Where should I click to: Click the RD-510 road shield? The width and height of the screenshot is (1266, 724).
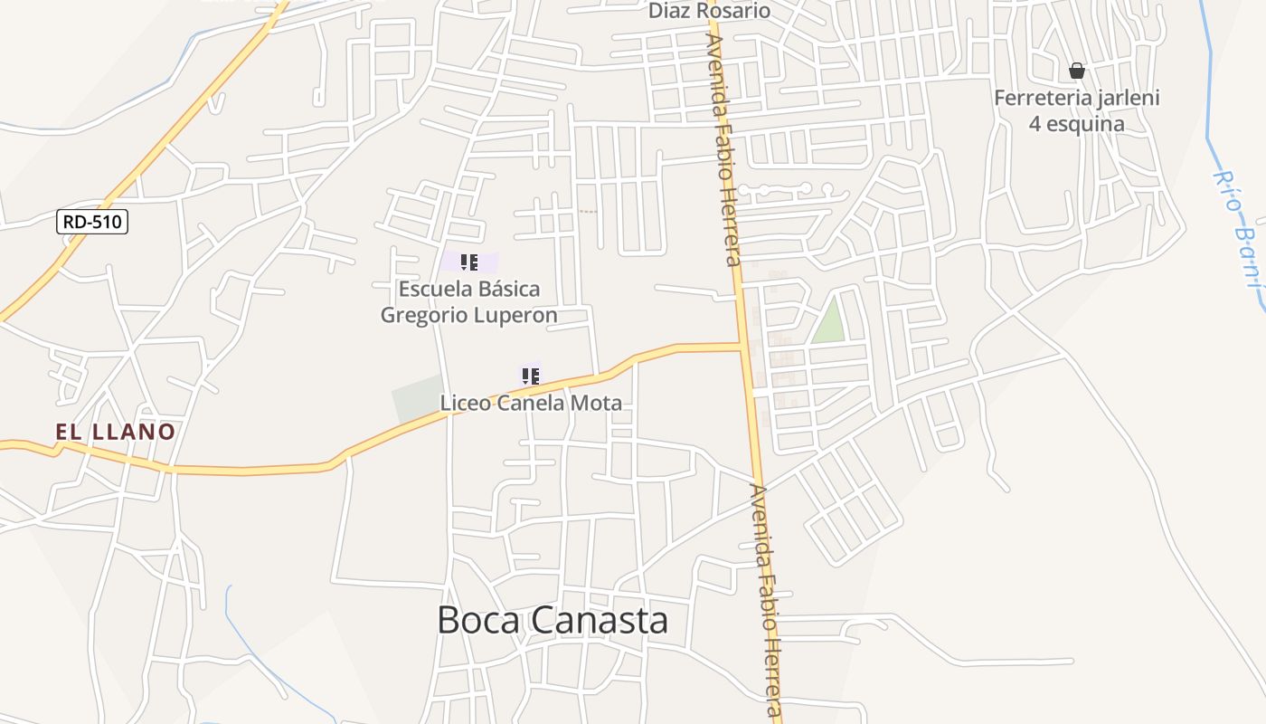pyautogui.click(x=92, y=222)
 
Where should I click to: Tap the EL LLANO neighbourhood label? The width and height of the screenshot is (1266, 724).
pyautogui.click(x=115, y=432)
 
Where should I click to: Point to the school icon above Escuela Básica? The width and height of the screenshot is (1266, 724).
pyautogui.click(x=468, y=262)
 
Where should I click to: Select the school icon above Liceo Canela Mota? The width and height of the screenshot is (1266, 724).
pyautogui.click(x=530, y=376)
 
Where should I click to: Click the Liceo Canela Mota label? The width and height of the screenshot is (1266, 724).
pyautogui.click(x=531, y=403)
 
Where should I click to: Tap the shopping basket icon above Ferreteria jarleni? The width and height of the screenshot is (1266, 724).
pyautogui.click(x=1076, y=71)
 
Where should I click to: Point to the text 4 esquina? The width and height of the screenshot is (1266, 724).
pyautogui.click(x=1076, y=124)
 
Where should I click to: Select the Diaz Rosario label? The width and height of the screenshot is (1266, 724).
pyautogui.click(x=709, y=11)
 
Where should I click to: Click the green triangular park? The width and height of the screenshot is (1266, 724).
pyautogui.click(x=830, y=321)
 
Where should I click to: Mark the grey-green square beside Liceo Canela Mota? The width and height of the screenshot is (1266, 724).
pyautogui.click(x=417, y=399)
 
